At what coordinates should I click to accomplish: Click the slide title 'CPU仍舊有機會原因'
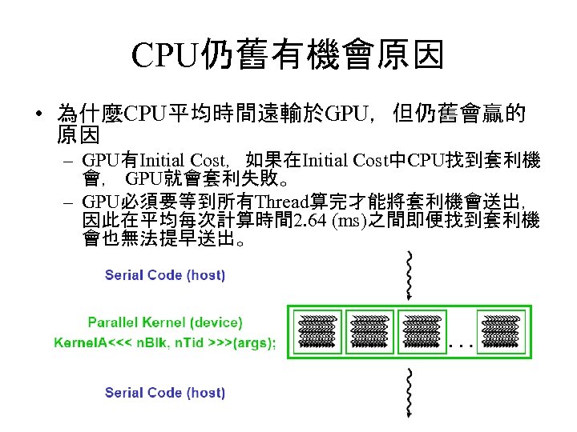pyautogui.click(x=288, y=56)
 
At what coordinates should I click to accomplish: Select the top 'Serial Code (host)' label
pyautogui.click(x=165, y=275)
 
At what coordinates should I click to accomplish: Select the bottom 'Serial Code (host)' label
pyautogui.click(x=165, y=393)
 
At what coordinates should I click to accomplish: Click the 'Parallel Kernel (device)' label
pyautogui.click(x=165, y=322)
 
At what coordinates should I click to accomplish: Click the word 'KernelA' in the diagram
pyautogui.click(x=79, y=343)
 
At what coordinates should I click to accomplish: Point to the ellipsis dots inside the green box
pyautogui.click(x=462, y=346)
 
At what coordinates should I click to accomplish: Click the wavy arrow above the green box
pyautogui.click(x=410, y=276)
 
